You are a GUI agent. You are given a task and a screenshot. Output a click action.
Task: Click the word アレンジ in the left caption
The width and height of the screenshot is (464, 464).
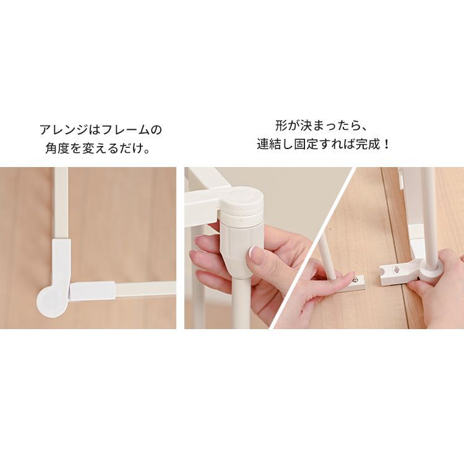pos(64,130)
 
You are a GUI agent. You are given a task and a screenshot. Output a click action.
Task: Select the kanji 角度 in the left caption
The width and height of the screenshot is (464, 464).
pos(57,148)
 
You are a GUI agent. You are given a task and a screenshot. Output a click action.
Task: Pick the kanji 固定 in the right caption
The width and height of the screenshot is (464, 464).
pos(306,145)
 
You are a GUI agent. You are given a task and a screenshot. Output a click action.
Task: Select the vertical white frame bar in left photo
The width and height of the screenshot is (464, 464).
pos(61,204)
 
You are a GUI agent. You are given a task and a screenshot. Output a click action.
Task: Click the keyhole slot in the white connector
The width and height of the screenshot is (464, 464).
pos(395,270)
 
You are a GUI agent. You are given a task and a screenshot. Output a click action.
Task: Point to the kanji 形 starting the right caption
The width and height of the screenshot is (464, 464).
pos(281,126)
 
